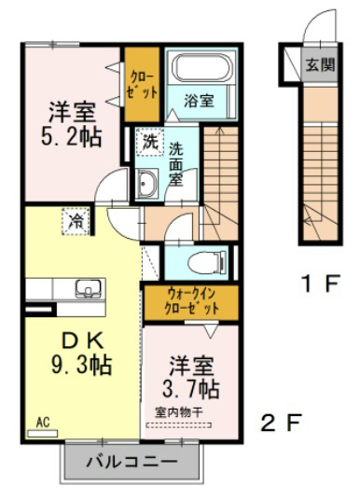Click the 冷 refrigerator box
pos(75,221)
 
